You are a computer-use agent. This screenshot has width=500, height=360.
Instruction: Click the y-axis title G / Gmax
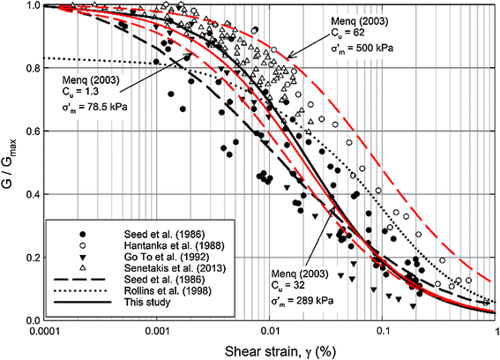11,162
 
